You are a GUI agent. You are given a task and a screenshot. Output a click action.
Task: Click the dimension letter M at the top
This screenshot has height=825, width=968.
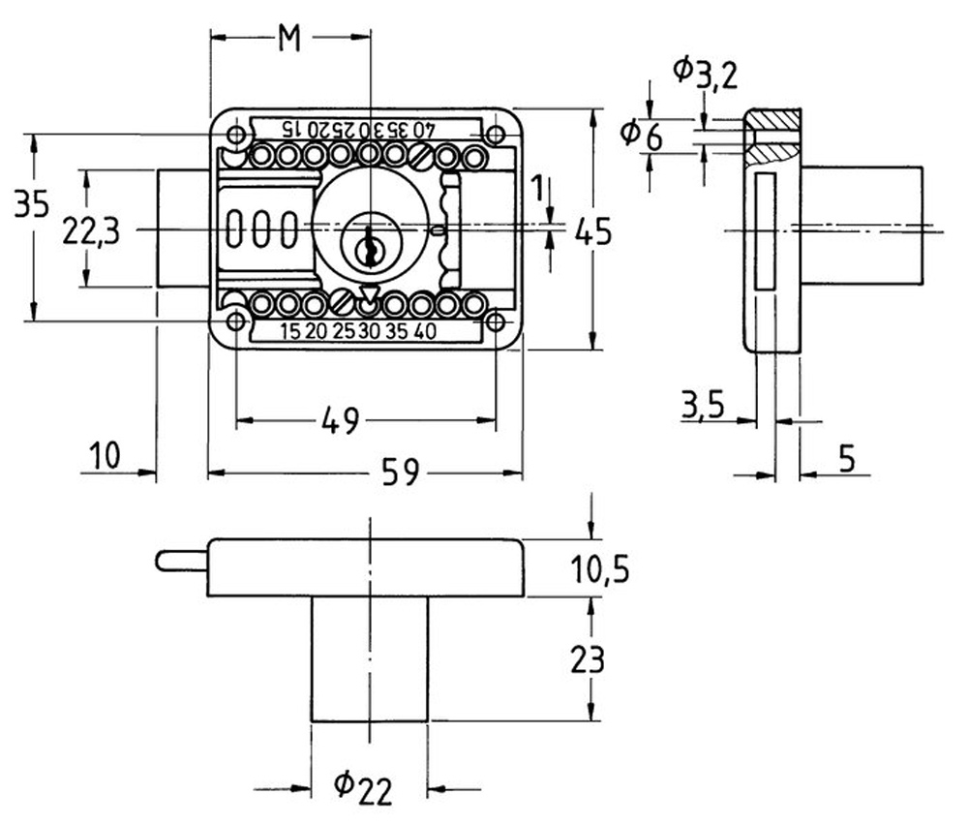pos(288,39)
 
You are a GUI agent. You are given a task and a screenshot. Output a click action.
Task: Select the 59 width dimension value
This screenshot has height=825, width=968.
pos(400,472)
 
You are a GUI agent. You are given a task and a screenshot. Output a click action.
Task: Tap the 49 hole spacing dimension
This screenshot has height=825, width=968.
pos(340,420)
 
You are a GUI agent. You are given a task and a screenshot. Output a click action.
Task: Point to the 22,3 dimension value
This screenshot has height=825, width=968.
pos(91,232)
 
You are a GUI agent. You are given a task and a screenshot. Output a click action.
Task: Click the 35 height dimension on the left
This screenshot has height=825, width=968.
pos(32,203)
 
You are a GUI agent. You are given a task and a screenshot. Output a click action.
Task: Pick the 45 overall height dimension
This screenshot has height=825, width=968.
pos(593,231)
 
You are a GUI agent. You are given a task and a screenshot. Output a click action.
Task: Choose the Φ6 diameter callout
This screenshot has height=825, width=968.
pos(641,135)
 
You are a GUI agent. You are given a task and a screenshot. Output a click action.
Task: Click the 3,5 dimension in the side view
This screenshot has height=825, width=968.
pos(703,406)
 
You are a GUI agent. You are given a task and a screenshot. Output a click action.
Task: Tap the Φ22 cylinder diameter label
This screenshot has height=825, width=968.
pos(363,788)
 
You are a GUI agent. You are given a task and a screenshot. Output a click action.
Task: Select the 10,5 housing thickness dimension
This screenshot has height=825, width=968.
pos(599,568)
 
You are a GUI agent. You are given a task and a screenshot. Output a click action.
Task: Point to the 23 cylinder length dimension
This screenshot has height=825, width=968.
pos(588,658)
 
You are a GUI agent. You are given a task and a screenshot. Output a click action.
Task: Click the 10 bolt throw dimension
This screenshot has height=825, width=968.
pos(105,456)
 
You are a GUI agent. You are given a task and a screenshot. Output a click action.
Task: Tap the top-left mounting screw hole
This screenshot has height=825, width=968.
pos(235,135)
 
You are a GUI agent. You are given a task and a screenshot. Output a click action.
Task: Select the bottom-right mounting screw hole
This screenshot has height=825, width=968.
pos(496,321)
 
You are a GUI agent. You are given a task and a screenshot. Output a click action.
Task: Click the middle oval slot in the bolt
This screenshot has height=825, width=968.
pos(262,229)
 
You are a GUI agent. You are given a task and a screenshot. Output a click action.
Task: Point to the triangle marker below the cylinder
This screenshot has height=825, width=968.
pos(369,292)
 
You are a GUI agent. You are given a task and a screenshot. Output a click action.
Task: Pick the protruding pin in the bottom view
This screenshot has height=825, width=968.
pos(182,561)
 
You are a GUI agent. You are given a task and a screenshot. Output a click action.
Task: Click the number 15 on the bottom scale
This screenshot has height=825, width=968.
pos(289,331)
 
